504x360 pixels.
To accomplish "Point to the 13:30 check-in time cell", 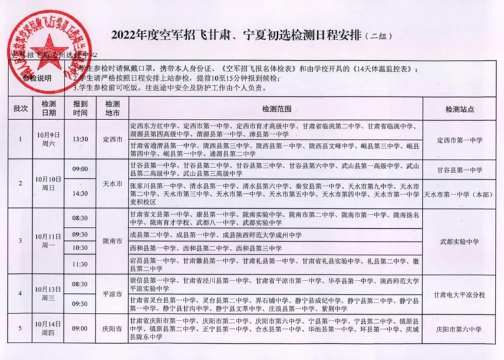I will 81,139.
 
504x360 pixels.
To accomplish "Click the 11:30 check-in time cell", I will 81,264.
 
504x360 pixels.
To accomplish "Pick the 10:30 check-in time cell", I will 81,248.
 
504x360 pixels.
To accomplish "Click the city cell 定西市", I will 112,139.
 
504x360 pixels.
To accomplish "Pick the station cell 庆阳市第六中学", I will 459,328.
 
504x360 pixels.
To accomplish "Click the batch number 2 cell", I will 21,182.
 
